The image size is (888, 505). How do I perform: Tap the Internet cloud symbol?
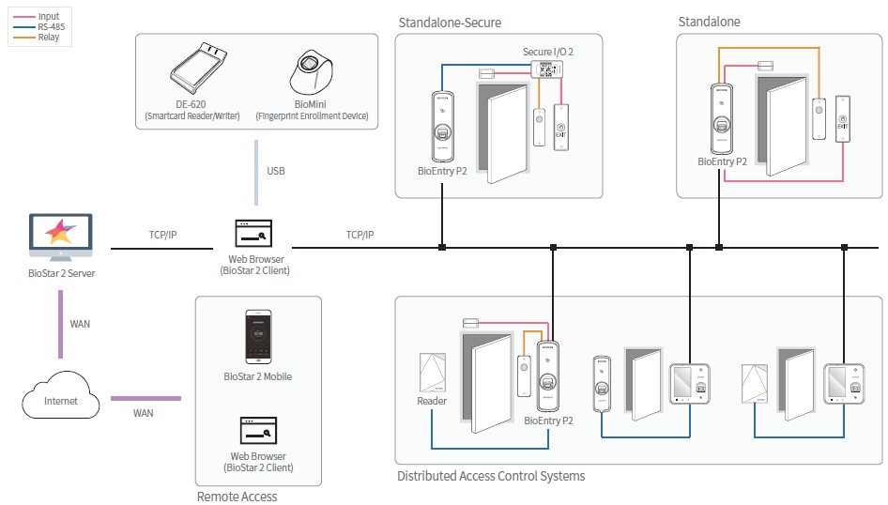point(61,400)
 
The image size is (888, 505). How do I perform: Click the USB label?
point(275,172)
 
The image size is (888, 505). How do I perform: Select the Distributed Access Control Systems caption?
point(491,476)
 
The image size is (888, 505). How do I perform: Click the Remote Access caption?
point(237,496)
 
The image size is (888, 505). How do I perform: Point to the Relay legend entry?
point(48,38)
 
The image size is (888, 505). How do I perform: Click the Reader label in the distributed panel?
point(432,401)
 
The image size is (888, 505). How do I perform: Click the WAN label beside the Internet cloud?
point(143,412)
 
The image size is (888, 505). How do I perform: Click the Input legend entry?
point(48,17)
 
